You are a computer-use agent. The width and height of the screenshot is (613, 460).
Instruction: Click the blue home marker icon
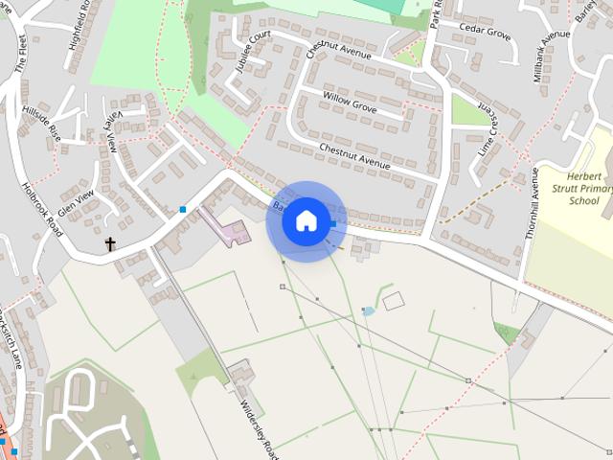click(x=306, y=221)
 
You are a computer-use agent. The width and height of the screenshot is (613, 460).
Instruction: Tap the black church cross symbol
click(x=110, y=244)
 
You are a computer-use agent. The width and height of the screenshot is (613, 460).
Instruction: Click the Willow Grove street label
click(x=350, y=100)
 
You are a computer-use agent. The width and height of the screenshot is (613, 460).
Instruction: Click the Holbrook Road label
click(x=39, y=210)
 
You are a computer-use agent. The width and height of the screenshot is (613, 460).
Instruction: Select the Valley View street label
click(x=110, y=130)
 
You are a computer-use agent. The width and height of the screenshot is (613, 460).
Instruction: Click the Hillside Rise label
click(x=41, y=123)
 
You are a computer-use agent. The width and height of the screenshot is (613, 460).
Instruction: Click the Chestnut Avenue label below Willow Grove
click(x=354, y=156)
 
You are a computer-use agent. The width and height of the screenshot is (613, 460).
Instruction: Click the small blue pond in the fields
click(x=369, y=311)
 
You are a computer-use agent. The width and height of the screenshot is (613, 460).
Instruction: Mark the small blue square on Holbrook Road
click(x=183, y=209)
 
